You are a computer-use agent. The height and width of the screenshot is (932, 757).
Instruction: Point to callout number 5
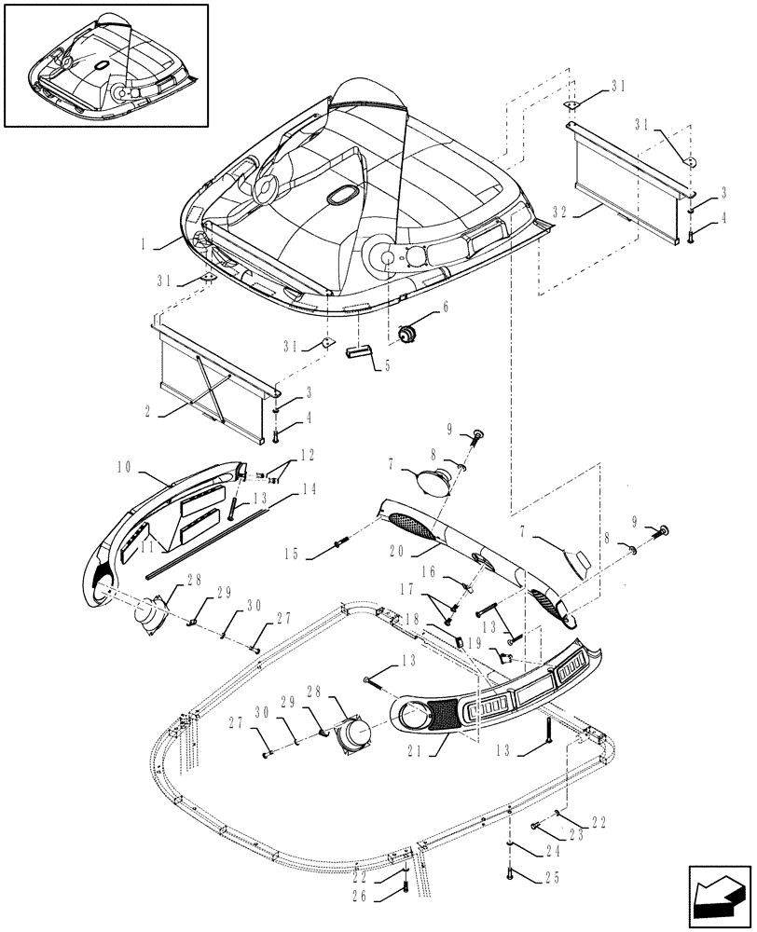tap(387, 366)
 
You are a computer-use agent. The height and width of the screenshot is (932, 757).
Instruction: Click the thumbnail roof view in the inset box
tap(104, 64)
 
